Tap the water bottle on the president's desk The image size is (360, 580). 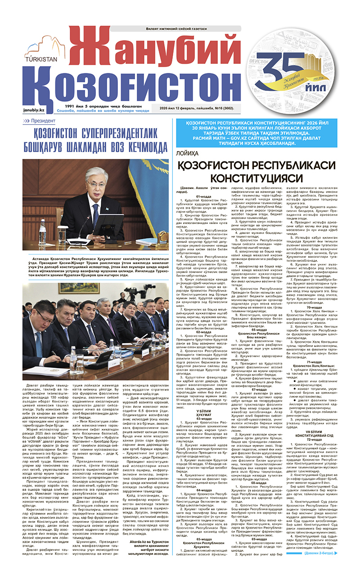point(43,230)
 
